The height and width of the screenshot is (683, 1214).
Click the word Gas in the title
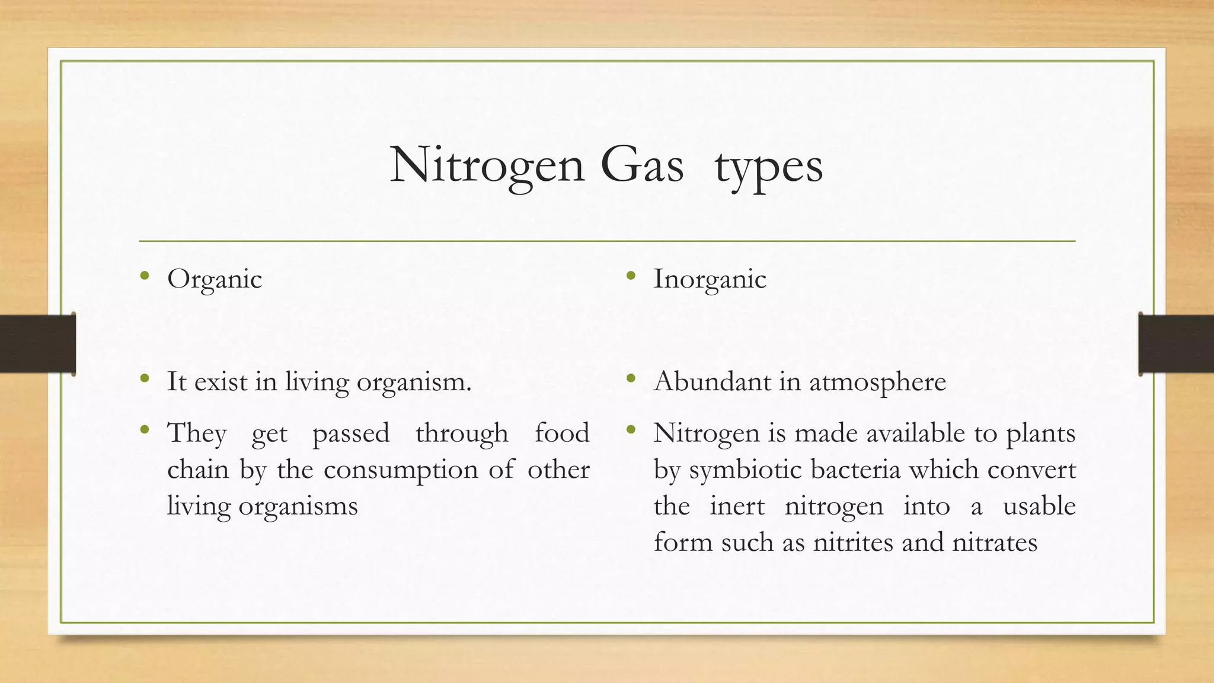641,165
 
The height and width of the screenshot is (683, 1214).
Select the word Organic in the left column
215,279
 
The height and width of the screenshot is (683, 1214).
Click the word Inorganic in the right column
710,279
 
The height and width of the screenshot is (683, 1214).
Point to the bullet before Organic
145,275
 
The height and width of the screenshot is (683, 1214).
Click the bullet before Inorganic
631,275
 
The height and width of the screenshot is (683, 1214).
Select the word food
561,433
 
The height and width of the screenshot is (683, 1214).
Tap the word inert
737,506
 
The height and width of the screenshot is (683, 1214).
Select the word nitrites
852,542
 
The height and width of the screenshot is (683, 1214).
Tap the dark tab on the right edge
1176,344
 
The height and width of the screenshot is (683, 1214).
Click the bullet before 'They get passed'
145,429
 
